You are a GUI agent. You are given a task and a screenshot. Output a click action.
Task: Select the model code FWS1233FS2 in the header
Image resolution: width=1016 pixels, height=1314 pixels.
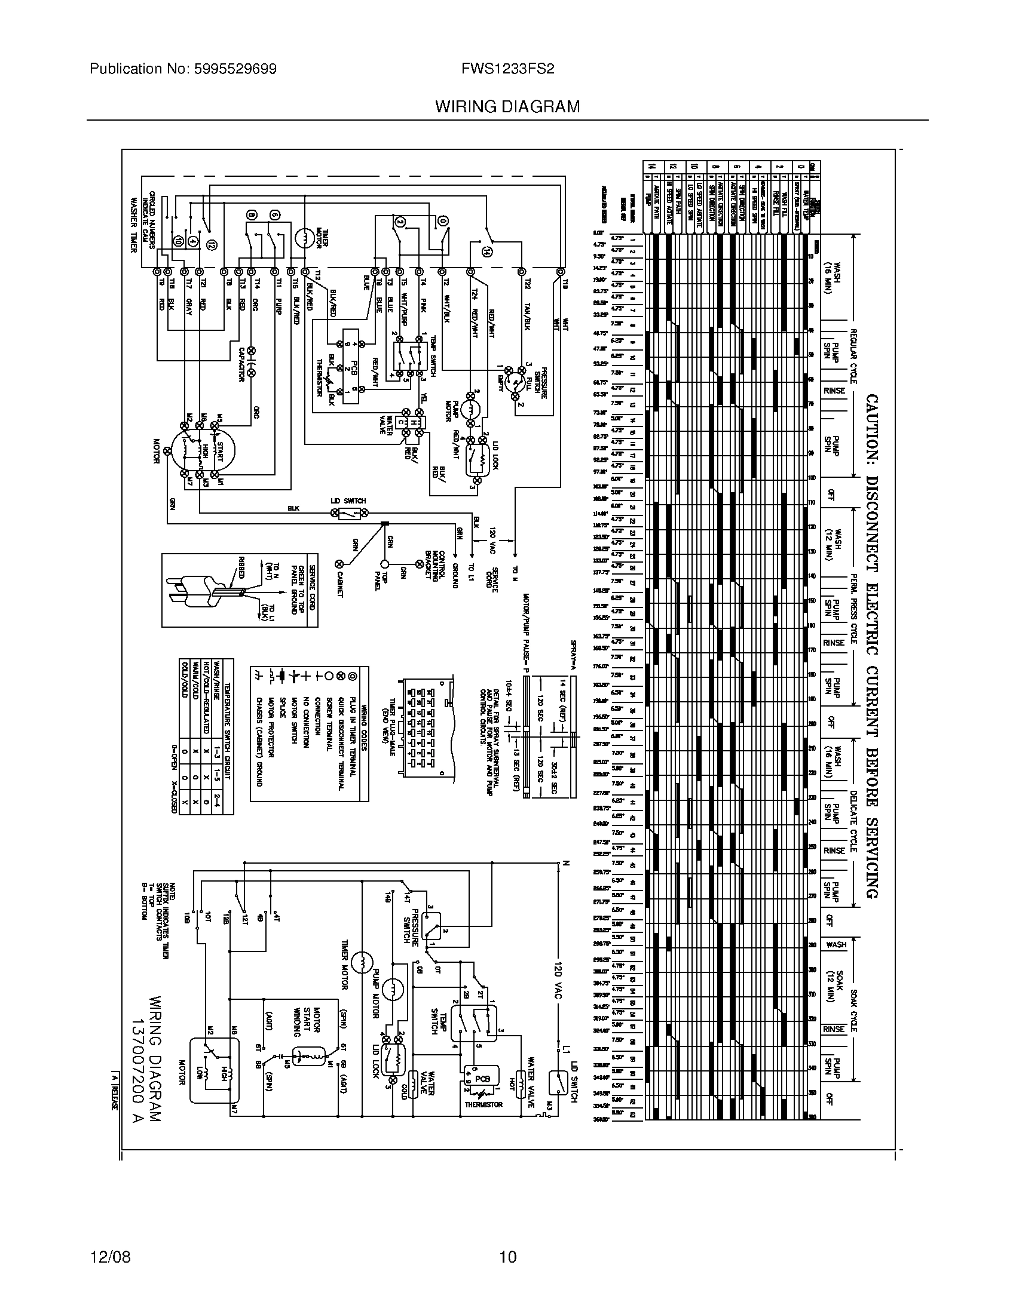[x=507, y=69]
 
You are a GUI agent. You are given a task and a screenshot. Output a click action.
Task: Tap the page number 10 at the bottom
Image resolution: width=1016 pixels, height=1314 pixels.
[x=507, y=1257]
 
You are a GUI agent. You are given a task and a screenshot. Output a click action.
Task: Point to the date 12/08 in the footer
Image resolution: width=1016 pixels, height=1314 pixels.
[x=110, y=1257]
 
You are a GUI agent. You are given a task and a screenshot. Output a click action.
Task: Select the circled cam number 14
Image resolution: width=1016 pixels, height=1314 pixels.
[x=487, y=253]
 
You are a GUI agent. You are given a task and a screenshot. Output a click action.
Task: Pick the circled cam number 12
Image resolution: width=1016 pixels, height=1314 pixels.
[x=210, y=244]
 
